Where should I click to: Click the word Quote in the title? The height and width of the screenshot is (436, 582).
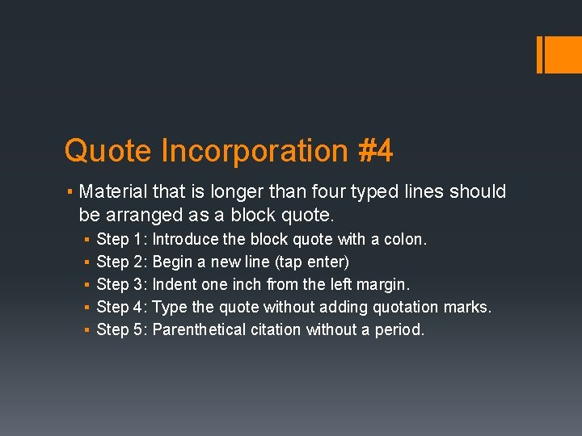click(x=108, y=151)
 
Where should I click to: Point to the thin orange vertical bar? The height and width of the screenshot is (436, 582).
click(x=539, y=54)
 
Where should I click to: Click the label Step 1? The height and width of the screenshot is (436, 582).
click(x=120, y=239)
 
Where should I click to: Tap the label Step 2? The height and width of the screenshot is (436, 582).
click(x=120, y=262)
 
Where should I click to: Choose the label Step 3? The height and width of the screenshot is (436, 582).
click(x=120, y=284)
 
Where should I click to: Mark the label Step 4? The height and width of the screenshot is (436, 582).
click(x=120, y=307)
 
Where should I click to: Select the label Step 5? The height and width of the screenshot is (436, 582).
click(x=120, y=329)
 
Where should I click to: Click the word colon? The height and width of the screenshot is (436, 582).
click(x=407, y=239)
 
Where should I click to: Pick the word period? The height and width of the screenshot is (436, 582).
click(x=399, y=330)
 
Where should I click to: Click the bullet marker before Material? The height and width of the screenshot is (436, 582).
click(x=71, y=192)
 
